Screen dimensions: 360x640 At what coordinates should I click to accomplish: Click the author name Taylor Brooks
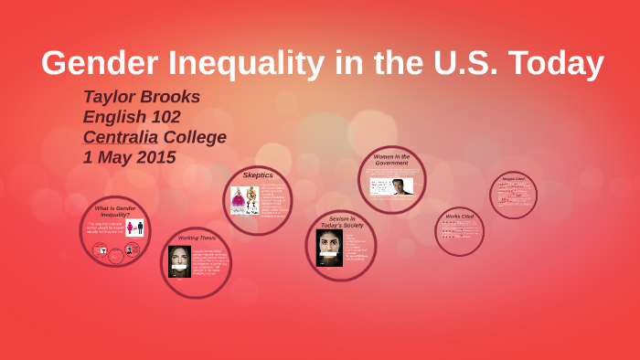pos(142,97)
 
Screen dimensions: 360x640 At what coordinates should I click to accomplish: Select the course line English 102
pos(132,117)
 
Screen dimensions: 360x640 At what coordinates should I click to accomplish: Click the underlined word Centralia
pos(120,137)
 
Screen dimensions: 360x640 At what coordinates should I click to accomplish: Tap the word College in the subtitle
pos(195,137)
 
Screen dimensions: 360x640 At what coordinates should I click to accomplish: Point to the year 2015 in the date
pos(155,157)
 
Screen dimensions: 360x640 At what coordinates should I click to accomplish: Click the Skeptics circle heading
pos(258,175)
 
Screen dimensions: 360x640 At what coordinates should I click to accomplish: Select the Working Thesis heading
pos(197,238)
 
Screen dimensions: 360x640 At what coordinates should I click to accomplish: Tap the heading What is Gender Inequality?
pos(115,211)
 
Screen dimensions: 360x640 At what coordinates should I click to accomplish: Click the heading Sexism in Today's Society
pos(341,221)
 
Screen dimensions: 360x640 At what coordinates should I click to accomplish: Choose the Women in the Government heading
pos(392,160)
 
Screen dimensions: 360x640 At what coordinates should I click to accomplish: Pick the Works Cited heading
pos(459,217)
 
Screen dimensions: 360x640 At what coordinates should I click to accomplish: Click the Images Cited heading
pos(513,178)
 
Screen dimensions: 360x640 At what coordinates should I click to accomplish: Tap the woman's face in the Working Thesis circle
pos(179,261)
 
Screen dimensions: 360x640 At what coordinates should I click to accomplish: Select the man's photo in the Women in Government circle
pos(401,186)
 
